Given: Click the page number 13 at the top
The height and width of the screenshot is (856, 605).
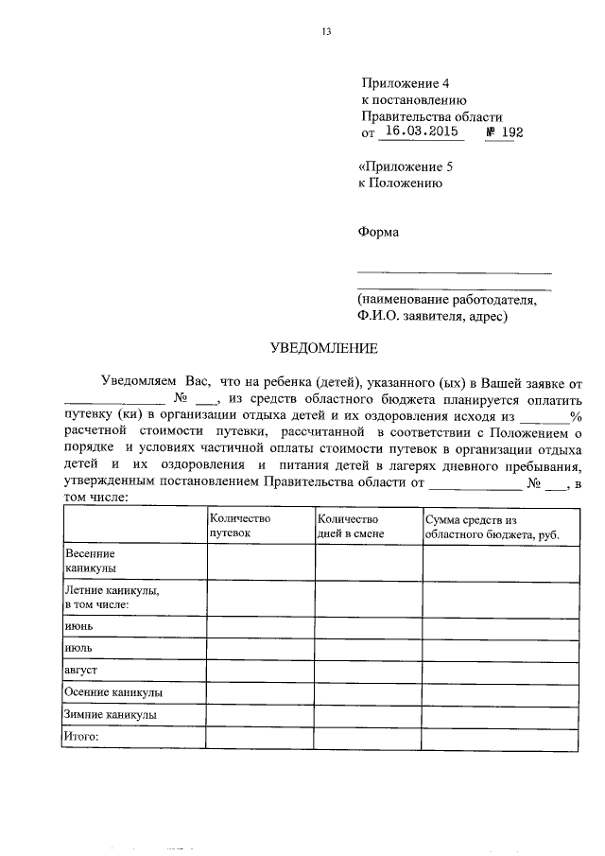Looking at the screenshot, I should click(x=326, y=31).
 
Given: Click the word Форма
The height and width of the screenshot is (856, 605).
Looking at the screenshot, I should click(x=378, y=232).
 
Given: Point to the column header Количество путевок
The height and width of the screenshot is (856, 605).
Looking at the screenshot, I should click(x=240, y=526).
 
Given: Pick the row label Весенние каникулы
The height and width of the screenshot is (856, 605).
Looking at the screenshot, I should click(x=90, y=560).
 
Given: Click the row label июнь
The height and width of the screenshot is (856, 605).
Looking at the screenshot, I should click(x=78, y=626).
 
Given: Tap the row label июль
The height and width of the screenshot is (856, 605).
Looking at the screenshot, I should click(x=78, y=648).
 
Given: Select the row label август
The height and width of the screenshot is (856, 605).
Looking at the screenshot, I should click(x=80, y=670).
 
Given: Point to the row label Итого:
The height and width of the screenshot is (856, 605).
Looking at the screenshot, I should click(x=80, y=736).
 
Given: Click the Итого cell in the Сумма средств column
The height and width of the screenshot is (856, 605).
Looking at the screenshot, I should click(x=498, y=738).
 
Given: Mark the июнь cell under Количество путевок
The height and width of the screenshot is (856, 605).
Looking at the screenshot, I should click(x=260, y=626).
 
